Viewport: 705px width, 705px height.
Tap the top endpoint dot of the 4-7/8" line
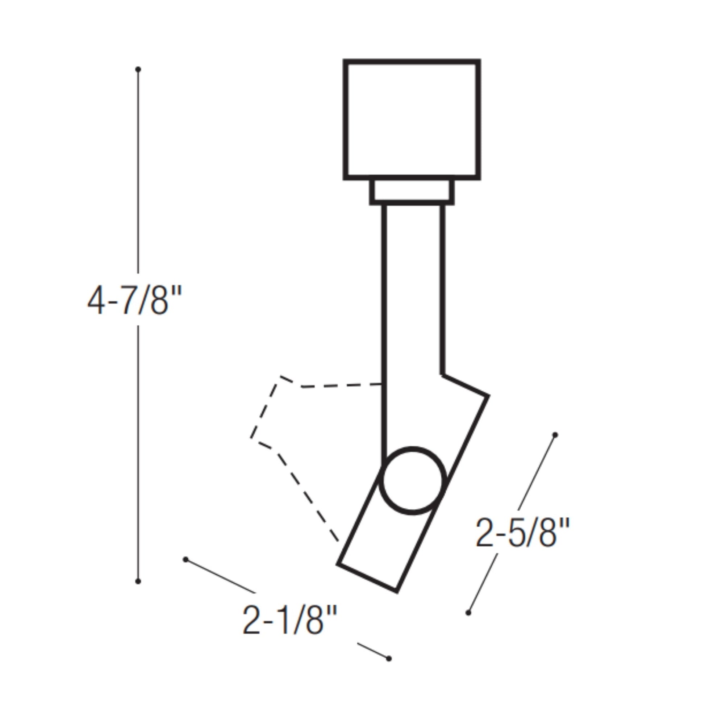click(x=138, y=69)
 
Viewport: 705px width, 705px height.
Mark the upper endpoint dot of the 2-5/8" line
click(x=555, y=435)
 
